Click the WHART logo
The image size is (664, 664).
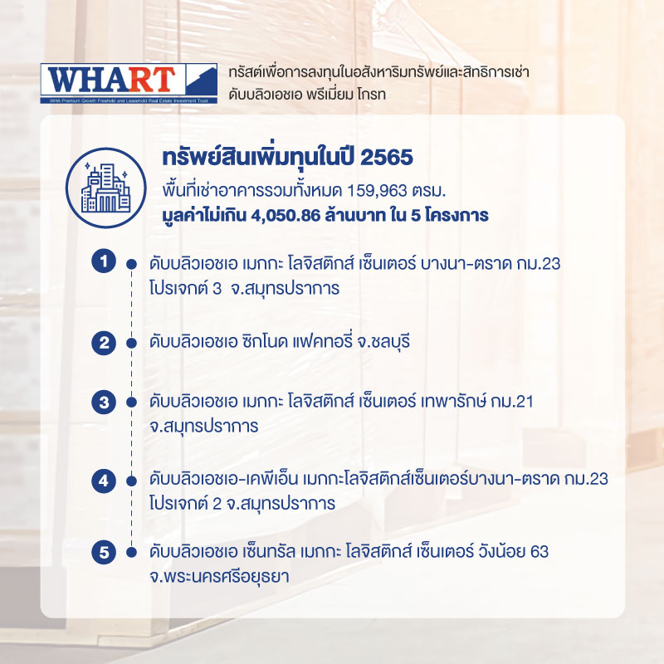pos(129,84)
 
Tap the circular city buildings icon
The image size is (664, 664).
pos(105,188)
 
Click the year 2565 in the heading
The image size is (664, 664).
pos(386,158)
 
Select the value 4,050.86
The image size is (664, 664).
pos(286,216)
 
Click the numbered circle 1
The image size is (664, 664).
pos(104,261)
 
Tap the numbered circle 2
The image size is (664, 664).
pos(104,343)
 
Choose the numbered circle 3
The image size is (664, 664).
pos(104,403)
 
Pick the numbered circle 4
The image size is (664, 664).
pos(104,481)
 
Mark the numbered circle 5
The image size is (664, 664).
pos(104,552)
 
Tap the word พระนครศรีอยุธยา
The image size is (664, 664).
pos(219,576)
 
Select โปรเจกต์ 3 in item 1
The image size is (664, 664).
pos(185,288)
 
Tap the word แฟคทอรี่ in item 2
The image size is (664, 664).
pos(322,341)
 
